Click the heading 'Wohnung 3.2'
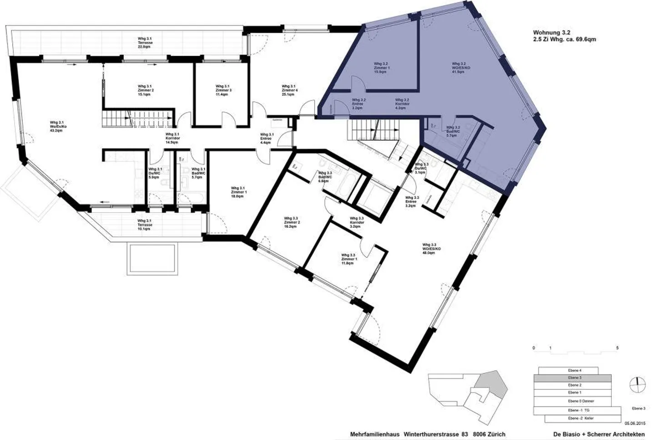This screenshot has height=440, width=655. (551, 32)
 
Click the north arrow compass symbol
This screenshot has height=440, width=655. (638, 384)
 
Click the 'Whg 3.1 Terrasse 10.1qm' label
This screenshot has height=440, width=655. (145, 225)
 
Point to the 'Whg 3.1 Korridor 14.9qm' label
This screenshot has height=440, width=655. (172, 138)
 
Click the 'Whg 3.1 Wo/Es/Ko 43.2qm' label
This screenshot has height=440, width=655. (59, 126)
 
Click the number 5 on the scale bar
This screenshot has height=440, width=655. (617, 348)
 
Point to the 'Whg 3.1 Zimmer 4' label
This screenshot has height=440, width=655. (289, 90)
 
